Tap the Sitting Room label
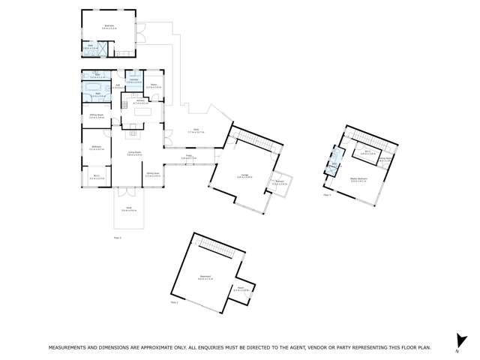[x=96, y=116]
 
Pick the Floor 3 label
[x=327, y=194]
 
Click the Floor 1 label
[x=174, y=301]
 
